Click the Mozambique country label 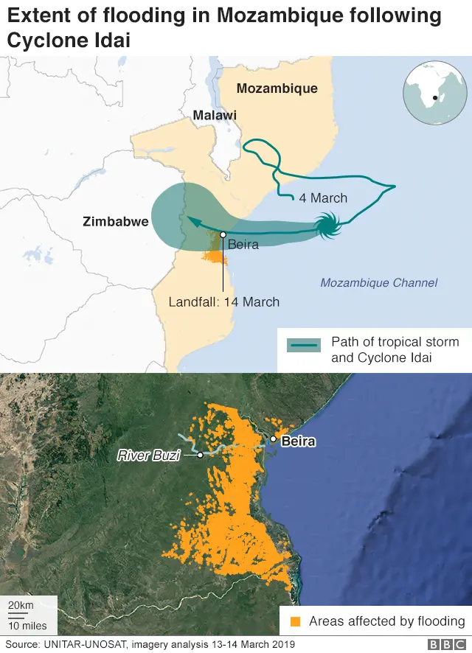click(277, 88)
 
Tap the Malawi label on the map click(215, 115)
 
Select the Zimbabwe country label click(116, 221)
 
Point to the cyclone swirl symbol click(327, 225)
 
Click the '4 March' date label click(323, 198)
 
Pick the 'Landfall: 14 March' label click(224, 301)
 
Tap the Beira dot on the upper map click(223, 234)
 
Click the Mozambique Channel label click(378, 282)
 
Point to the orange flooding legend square click(296, 621)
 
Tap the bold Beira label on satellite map click(298, 441)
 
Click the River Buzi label click(149, 455)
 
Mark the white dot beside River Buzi click(200, 455)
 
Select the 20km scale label click(21, 604)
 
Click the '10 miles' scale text click(27, 626)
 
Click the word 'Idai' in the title click(108, 40)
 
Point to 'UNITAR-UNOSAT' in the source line click(86, 645)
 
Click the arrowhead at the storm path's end click(187, 219)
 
